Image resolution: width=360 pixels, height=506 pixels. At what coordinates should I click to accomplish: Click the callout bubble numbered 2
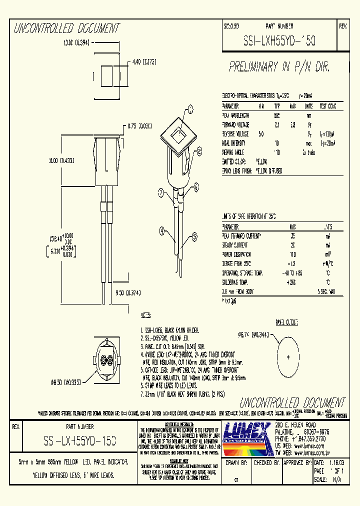coord(199,150)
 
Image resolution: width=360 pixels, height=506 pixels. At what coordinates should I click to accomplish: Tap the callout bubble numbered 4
coord(162,231)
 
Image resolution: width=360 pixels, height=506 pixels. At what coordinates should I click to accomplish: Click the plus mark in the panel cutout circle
coord(288,357)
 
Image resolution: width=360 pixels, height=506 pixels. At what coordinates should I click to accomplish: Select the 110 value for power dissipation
coord(292,254)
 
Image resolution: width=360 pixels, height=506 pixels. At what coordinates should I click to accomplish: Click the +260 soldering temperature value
coord(292,282)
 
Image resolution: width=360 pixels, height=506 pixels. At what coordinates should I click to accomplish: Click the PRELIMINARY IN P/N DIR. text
coord(280,66)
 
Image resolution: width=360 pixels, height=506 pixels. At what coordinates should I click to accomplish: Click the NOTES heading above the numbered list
coord(145,315)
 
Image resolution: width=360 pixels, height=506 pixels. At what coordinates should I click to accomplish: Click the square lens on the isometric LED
coord(177,134)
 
